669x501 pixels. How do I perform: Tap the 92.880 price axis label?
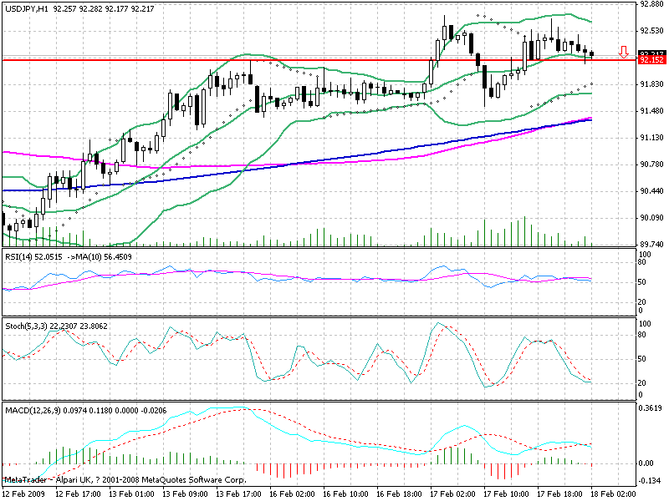coord(651,4)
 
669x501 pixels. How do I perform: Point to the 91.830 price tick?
coord(651,84)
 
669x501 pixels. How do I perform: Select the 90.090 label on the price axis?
coord(651,218)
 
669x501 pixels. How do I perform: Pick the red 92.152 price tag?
coord(651,60)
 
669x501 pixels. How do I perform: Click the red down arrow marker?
coord(624,52)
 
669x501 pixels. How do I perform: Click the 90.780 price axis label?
coord(651,164)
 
